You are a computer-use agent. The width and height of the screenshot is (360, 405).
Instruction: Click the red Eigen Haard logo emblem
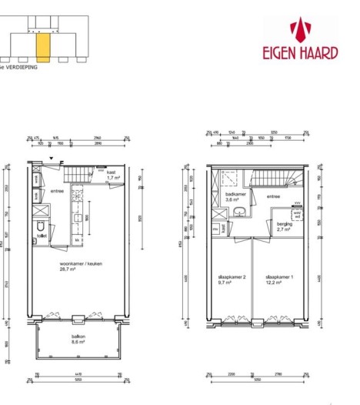pyautogui.click(x=299, y=31)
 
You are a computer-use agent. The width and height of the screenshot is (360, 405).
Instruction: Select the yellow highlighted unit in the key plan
pyautogui.click(x=44, y=46)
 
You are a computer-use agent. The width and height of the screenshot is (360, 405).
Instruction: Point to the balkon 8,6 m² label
pyautogui.click(x=75, y=345)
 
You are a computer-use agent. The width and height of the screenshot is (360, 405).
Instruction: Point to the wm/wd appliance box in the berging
pyautogui.click(x=297, y=215)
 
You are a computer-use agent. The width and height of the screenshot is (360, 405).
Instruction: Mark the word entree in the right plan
pyautogui.click(x=274, y=197)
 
